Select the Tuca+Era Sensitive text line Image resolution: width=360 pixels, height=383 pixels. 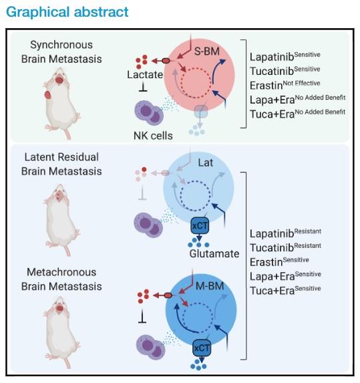(x=285, y=289)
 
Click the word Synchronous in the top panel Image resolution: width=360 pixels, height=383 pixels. (x=61, y=45)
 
